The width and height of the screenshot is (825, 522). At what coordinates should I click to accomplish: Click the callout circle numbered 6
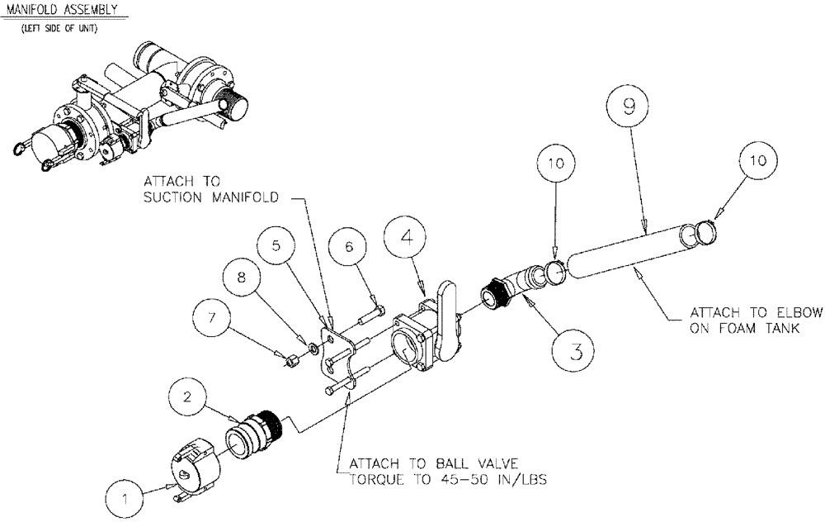click(349, 247)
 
